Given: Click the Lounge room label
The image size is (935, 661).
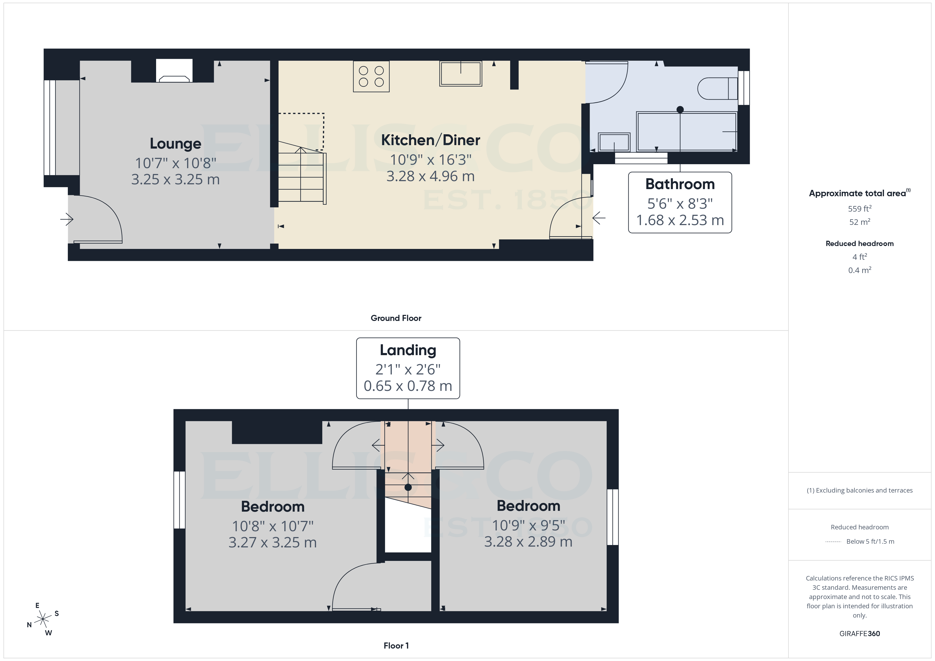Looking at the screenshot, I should click(x=175, y=144).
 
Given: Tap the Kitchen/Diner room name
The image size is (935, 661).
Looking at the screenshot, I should click(x=430, y=140).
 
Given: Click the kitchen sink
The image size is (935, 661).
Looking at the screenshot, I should click(x=461, y=74).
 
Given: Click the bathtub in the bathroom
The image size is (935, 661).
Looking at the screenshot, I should click(x=687, y=131).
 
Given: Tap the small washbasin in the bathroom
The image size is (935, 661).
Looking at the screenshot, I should click(x=614, y=142).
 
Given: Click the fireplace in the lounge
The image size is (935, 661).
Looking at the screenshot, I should click(x=174, y=72).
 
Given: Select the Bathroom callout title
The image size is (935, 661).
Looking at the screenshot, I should click(x=680, y=184).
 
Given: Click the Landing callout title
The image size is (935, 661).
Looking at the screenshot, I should click(x=408, y=350).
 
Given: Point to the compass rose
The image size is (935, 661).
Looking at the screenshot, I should click(x=43, y=619).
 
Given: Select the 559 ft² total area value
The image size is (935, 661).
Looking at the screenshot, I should click(x=859, y=209).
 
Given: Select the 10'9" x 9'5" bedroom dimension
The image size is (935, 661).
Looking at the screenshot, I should click(x=528, y=525).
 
